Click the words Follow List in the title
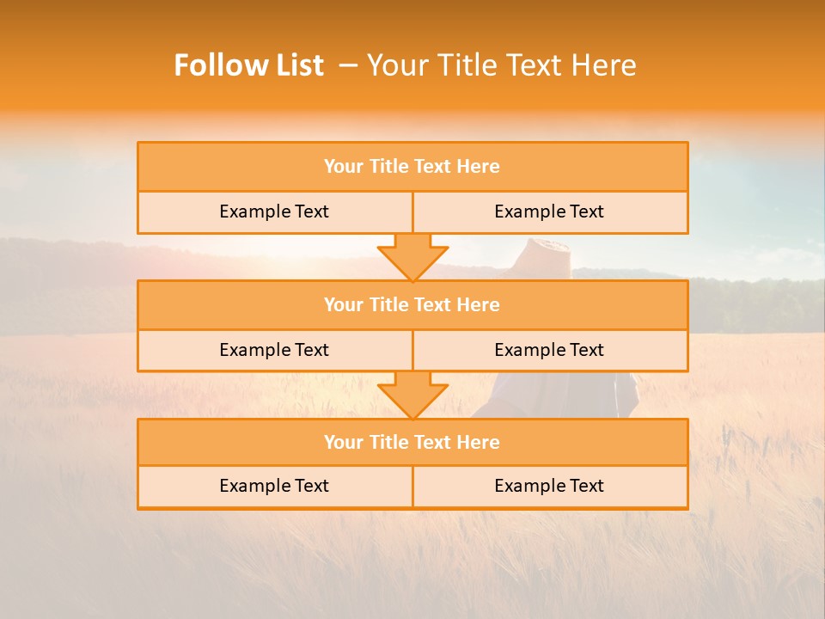coord(248,65)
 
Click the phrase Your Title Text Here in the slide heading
coord(501,65)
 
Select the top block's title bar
coord(412,167)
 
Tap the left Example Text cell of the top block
coord(274,211)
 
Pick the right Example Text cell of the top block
coord(549,211)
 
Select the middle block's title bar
coord(412,304)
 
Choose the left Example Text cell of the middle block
coord(274,350)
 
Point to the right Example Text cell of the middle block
coord(549,350)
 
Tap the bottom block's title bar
coord(412,442)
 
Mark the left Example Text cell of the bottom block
coord(274,486)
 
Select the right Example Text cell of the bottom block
coord(549,486)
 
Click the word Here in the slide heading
coord(606,65)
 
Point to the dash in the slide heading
coord(348,65)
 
